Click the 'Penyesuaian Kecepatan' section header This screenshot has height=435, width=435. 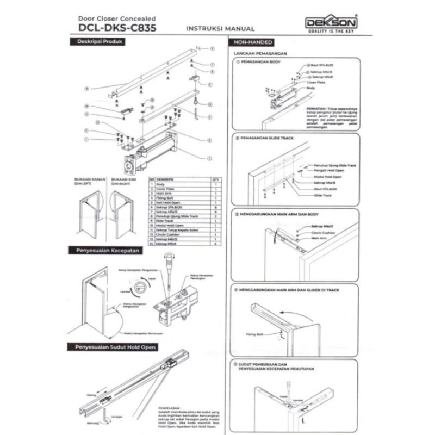tap(104, 250)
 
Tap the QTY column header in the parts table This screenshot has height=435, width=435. tap(215, 178)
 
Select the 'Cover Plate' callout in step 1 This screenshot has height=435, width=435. tap(316, 83)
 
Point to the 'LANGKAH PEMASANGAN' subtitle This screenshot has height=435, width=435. tap(260, 54)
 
